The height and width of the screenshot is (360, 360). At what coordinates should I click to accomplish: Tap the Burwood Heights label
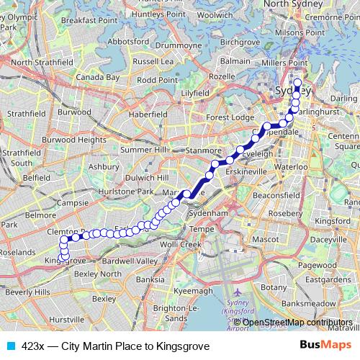[73, 140]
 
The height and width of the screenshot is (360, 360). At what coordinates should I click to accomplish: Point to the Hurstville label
[68, 318]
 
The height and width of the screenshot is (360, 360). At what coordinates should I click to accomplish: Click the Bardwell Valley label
[130, 260]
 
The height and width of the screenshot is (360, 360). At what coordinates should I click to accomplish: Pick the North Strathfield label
[42, 63]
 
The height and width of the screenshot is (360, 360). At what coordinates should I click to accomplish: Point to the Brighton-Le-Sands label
[173, 312]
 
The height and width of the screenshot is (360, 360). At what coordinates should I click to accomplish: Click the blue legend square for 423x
[9, 346]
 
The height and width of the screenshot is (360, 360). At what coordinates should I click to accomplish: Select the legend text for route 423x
[115, 346]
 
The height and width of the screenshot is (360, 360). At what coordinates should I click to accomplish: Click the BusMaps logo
[326, 346]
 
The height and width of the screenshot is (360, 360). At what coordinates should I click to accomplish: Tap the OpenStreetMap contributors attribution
[297, 322]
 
